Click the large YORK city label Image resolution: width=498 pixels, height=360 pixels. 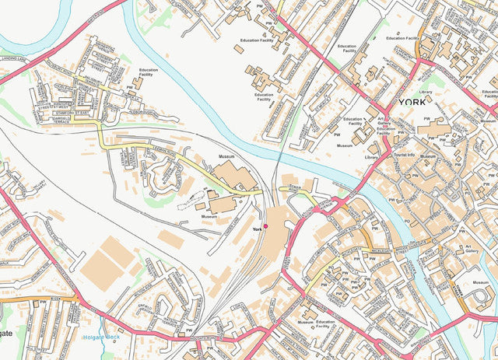412,102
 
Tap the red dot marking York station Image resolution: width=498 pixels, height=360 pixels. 265,225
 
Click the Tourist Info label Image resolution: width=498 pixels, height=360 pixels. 405,155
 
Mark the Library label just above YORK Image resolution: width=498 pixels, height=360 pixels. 425,92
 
